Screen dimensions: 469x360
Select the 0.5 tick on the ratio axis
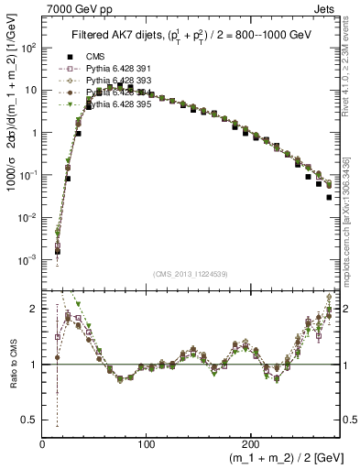click(x=31, y=420)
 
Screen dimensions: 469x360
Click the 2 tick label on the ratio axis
click(x=35, y=310)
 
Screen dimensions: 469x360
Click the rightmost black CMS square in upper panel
click(x=329, y=197)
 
